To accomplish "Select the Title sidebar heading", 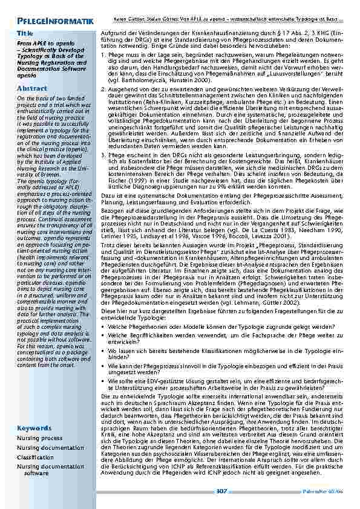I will [x=25, y=33].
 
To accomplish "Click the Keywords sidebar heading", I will [x=34, y=428].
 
